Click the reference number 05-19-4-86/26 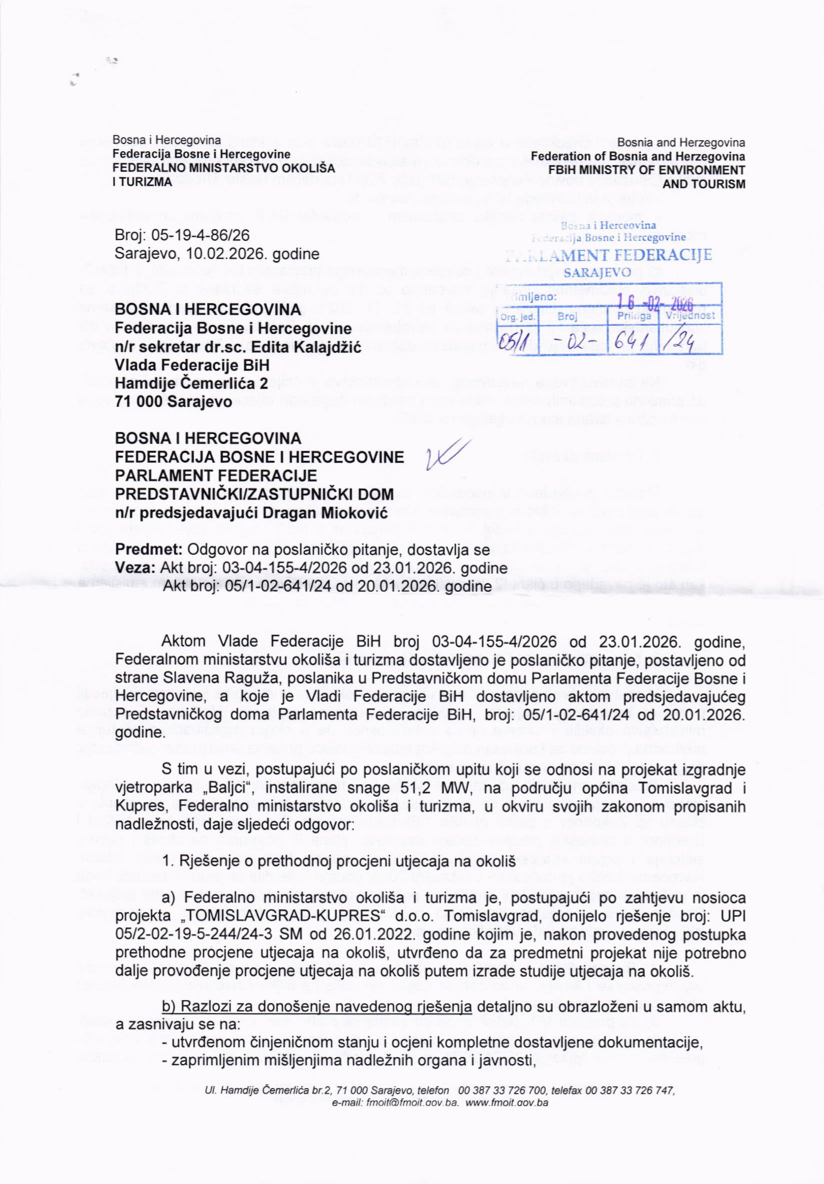198,236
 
